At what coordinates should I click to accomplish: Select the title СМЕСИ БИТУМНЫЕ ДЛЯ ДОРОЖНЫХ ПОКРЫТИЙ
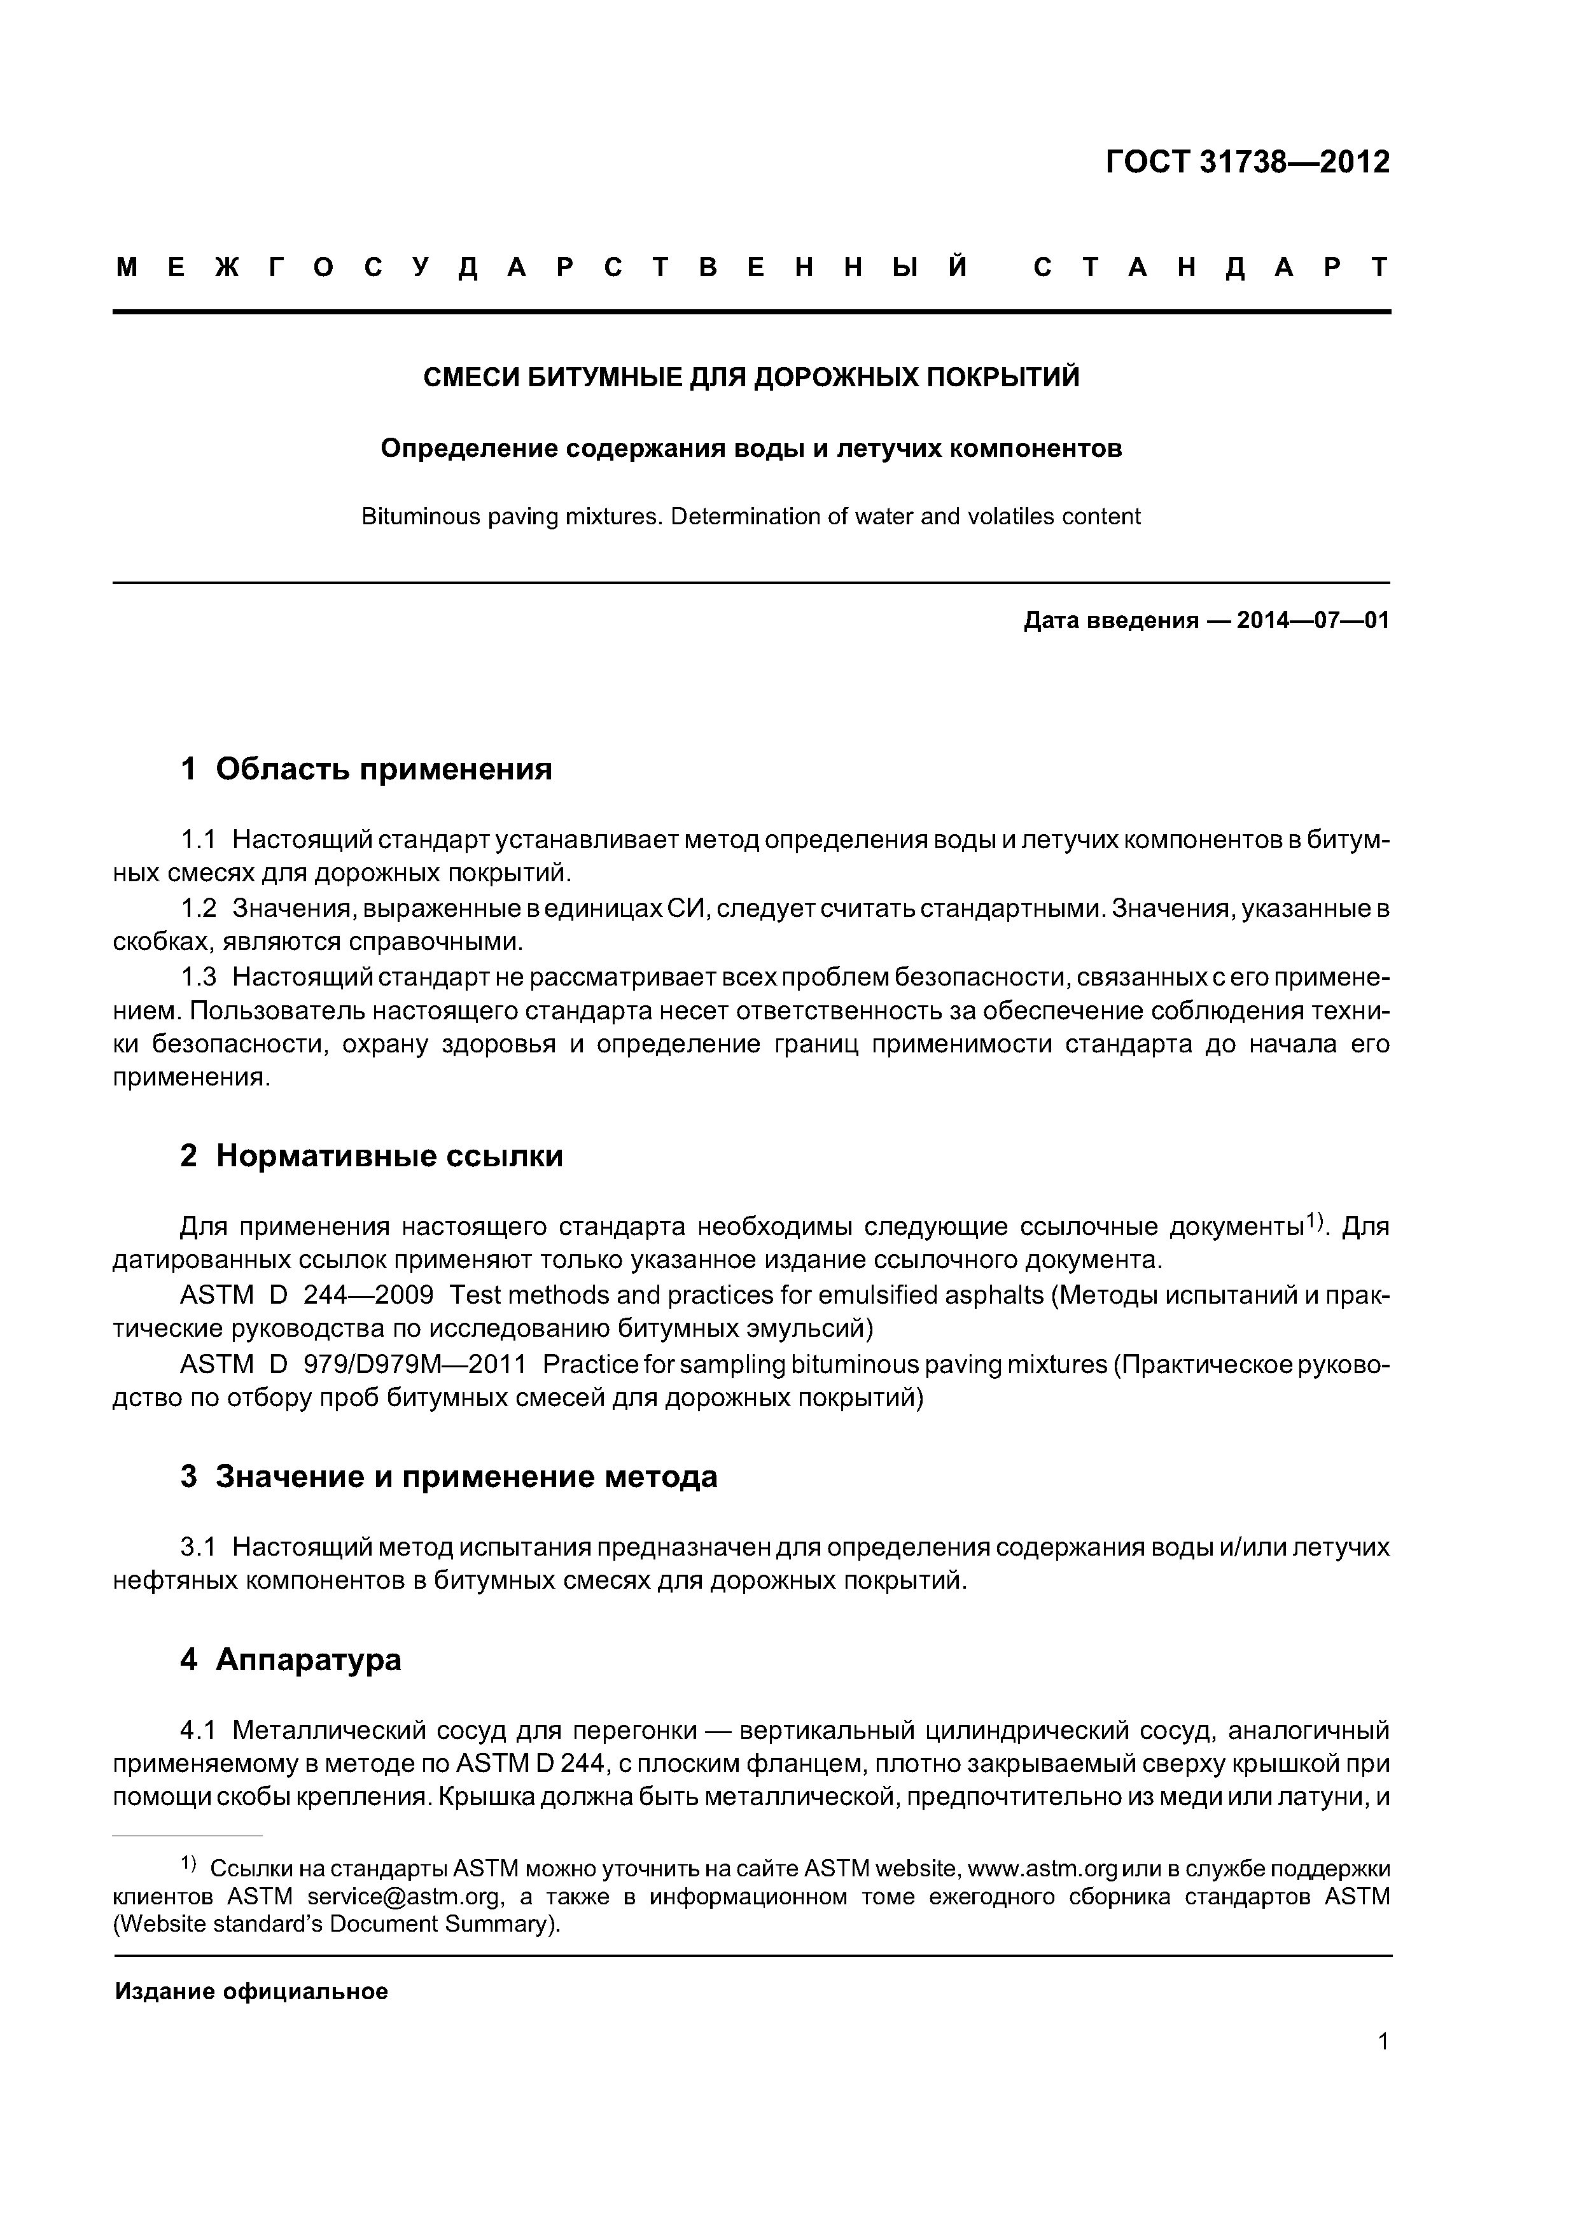751,377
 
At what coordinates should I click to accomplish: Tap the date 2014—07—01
1313,621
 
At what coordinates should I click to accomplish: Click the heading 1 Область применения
366,769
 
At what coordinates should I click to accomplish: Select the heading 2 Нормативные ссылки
372,1156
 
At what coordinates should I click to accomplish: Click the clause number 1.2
199,909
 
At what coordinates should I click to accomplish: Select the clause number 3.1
199,1547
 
